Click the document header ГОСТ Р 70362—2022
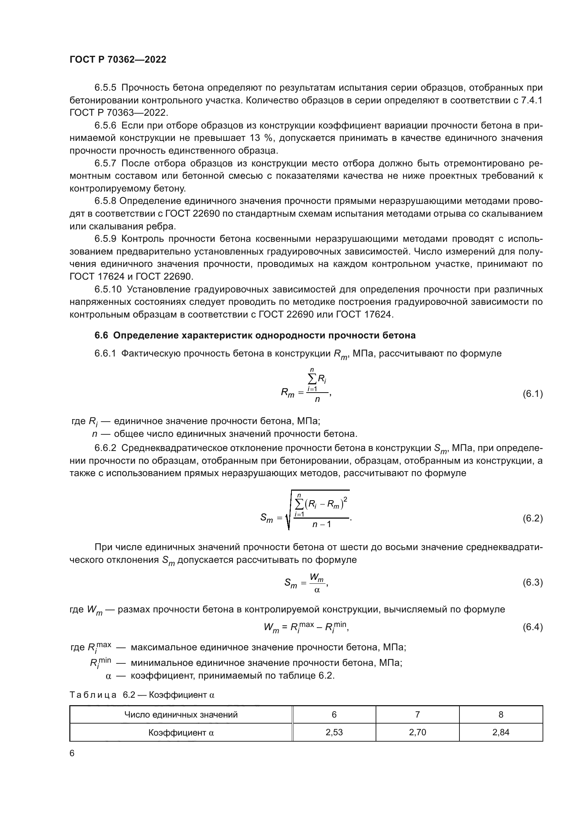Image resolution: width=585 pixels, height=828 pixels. (x=118, y=60)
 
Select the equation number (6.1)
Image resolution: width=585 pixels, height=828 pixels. (x=532, y=394)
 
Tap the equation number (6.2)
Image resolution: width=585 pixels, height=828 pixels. (x=532, y=518)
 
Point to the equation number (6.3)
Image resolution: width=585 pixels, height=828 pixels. (x=532, y=582)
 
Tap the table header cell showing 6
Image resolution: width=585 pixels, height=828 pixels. (x=334, y=714)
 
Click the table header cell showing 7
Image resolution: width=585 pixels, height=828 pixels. (x=417, y=714)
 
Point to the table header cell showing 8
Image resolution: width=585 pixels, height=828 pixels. (x=501, y=714)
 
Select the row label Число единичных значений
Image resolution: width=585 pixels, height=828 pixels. (x=181, y=714)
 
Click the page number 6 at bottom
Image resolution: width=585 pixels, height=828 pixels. (x=72, y=753)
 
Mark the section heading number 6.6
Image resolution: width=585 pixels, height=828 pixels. (x=101, y=335)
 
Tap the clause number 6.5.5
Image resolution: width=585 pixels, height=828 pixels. (x=105, y=88)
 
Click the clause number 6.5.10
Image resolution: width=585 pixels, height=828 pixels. (x=108, y=289)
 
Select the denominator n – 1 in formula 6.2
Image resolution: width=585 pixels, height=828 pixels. (x=321, y=524)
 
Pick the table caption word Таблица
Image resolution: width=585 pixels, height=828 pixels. (x=93, y=695)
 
